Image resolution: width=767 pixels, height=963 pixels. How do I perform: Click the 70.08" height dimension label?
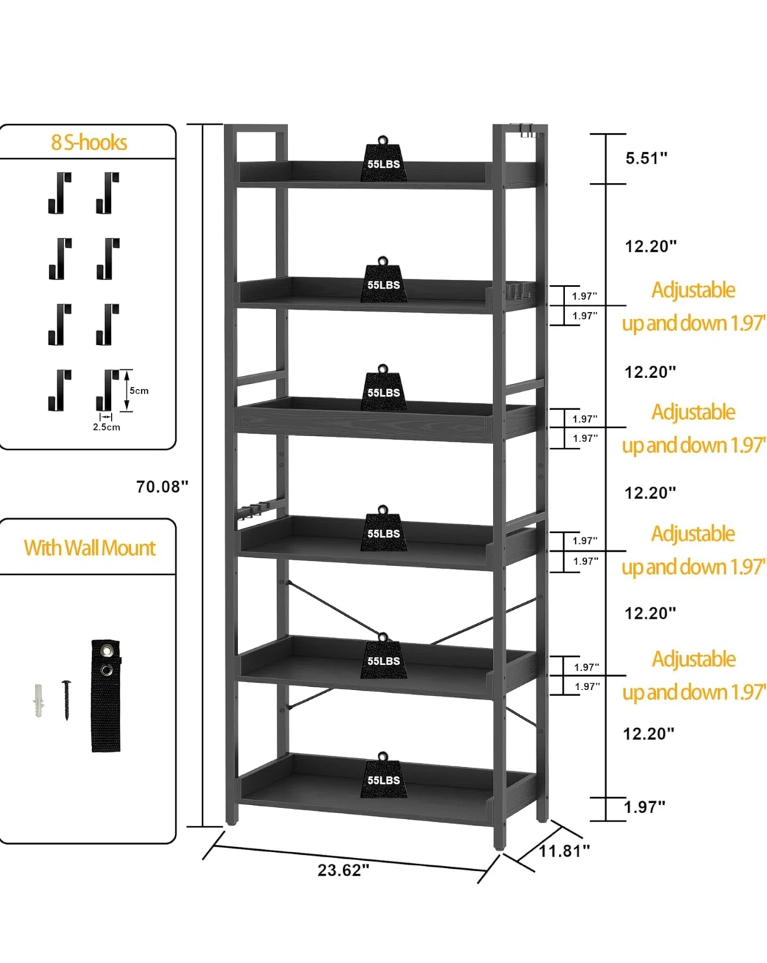[162, 486]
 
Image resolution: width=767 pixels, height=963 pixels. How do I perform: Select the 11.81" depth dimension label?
[564, 851]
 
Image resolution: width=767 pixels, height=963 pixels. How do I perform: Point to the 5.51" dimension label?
[646, 158]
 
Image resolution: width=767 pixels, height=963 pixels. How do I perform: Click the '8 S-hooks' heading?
[89, 142]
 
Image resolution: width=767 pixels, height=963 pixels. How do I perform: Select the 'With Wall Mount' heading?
[90, 548]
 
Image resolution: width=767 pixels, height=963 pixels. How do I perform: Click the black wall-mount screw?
[67, 700]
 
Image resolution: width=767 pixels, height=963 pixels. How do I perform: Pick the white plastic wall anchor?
[39, 700]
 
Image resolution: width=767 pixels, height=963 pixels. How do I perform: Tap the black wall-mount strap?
[106, 696]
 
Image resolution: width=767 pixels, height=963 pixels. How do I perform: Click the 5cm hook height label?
[138, 391]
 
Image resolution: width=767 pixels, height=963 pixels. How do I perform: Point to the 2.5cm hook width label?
[106, 427]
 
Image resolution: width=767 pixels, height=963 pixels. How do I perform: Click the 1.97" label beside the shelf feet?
[645, 805]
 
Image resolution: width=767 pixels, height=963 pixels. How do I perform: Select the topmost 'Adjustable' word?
[693, 290]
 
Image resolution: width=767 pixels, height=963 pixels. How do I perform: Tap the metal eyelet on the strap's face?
[106, 669]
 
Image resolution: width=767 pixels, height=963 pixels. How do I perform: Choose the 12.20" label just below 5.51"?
[651, 246]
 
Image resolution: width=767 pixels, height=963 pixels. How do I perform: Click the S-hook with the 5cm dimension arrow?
[107, 390]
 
